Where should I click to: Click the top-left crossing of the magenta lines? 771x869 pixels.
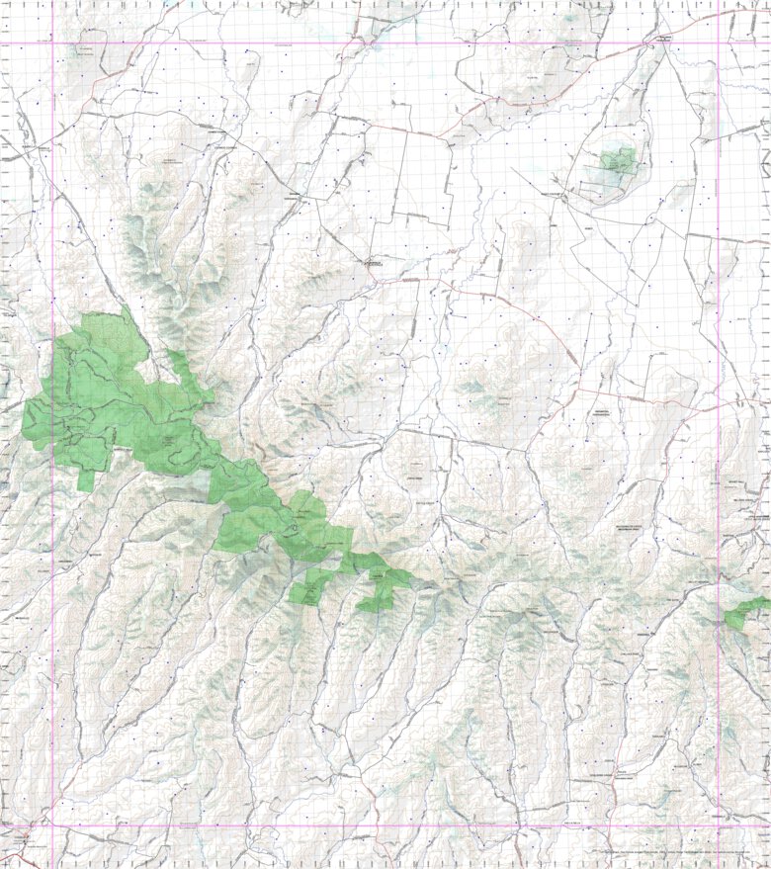pyautogui.click(x=52, y=43)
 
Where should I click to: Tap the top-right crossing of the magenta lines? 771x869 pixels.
pyautogui.click(x=718, y=43)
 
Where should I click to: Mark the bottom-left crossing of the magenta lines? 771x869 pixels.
pyautogui.click(x=52, y=826)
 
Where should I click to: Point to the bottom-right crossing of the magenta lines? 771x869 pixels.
pyautogui.click(x=718, y=826)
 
